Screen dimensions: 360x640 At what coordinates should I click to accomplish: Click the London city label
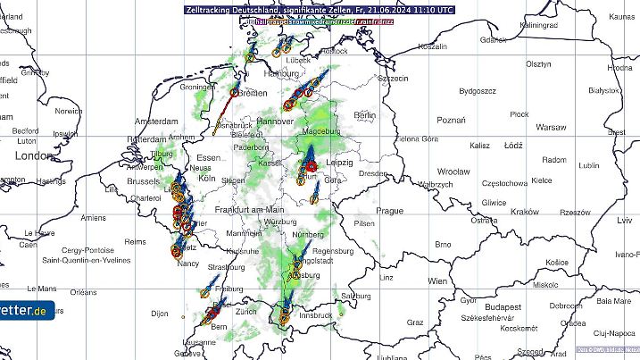[x=35, y=155]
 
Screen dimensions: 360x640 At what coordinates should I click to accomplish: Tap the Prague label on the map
[x=390, y=211]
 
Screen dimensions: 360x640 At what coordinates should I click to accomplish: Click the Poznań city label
[x=452, y=121]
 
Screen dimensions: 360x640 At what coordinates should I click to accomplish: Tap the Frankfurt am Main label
[x=255, y=208]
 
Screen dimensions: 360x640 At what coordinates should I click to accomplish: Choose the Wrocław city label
[x=453, y=171]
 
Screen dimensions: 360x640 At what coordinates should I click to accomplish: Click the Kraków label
[x=528, y=212]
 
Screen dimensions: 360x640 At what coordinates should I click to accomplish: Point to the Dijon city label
[x=160, y=314]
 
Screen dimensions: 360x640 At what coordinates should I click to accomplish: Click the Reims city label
[x=135, y=242]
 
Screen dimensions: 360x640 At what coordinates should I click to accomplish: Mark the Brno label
[x=443, y=244]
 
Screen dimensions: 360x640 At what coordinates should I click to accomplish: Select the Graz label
[x=415, y=322]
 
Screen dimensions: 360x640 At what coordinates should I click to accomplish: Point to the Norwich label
[x=68, y=112]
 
